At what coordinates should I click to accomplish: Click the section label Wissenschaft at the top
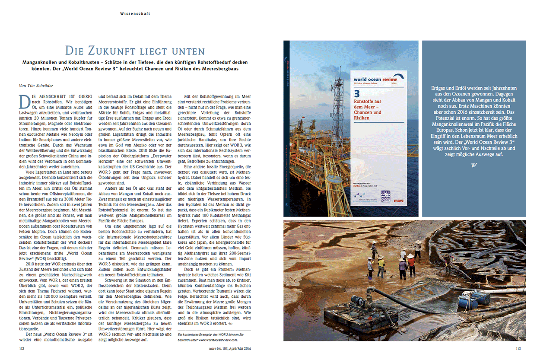coord(135,14)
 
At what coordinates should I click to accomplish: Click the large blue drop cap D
coord(25,101)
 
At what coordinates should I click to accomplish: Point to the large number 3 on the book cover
coord(356,93)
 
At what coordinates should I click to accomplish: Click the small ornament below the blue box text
coord(474,165)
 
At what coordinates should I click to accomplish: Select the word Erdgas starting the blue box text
coord(439,88)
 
